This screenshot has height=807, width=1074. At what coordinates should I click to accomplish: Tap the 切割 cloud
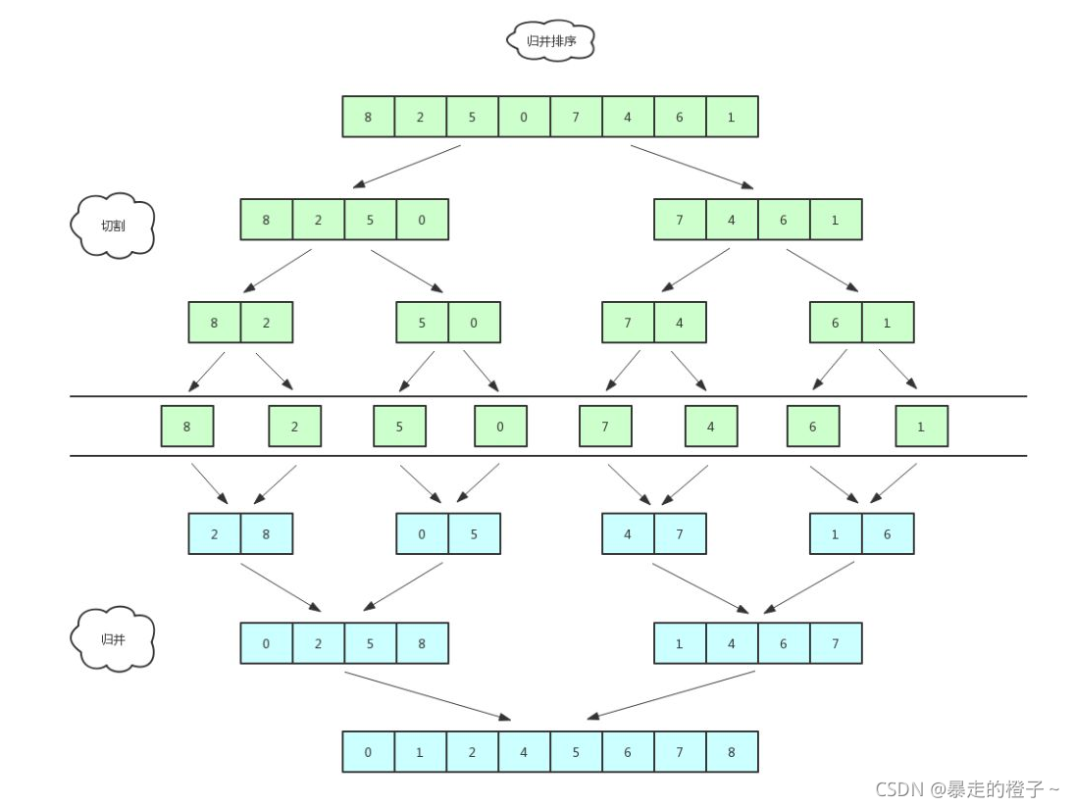[x=113, y=225]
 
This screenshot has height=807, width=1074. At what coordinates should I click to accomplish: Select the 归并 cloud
[x=113, y=639]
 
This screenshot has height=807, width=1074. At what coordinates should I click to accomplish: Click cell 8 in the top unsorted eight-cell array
[x=368, y=117]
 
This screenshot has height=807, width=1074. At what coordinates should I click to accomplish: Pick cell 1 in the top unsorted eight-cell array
[x=732, y=117]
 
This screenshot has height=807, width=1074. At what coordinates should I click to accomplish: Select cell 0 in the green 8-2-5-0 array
[x=422, y=220]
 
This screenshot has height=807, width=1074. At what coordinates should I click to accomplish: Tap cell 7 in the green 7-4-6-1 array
[x=680, y=220]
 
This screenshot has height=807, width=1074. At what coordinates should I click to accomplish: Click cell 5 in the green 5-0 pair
[x=422, y=323]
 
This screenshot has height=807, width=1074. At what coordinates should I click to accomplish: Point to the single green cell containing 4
[x=711, y=427]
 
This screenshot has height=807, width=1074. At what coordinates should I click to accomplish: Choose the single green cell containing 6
[x=813, y=427]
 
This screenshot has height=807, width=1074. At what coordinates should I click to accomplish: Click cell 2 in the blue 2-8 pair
[x=215, y=534]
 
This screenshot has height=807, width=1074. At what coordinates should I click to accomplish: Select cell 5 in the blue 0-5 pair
[x=474, y=534]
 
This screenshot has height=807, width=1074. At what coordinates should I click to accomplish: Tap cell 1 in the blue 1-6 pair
[x=836, y=534]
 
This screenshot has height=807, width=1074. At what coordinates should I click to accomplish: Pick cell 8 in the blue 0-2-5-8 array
[x=422, y=643]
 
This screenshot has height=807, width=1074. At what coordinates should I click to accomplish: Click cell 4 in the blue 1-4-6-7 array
[x=732, y=643]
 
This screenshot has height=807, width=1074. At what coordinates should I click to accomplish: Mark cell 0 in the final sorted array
[x=368, y=752]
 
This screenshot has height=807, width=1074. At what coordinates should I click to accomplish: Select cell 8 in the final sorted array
[x=732, y=752]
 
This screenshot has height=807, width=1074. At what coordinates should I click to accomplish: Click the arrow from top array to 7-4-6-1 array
[x=691, y=166]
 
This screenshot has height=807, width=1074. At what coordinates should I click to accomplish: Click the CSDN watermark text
[x=967, y=788]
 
